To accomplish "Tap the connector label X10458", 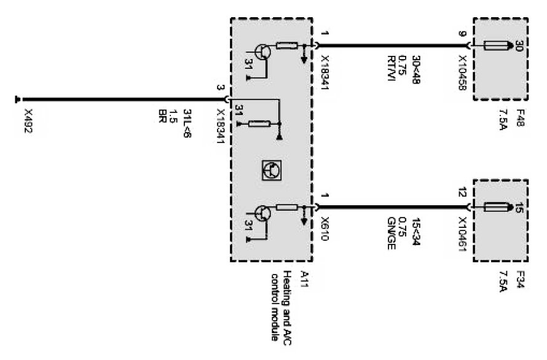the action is (462, 74).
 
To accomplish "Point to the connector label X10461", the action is (462, 236).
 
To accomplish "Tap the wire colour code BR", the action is (163, 115).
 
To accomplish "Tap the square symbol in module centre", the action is (269, 170).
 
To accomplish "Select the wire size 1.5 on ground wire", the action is (175, 115).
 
